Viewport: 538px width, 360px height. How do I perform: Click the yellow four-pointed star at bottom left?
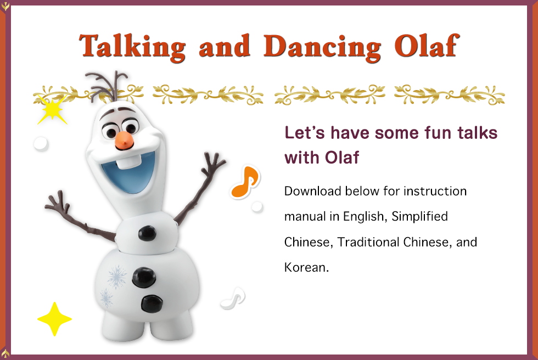point(54,319)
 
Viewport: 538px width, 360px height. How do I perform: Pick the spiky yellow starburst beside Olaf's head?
point(52,111)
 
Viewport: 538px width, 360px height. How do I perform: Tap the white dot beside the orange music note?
point(256,206)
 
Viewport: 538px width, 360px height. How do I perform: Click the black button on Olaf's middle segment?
point(147,234)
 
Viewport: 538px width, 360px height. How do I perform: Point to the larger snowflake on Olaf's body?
point(116,277)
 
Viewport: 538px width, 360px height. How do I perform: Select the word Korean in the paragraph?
point(304,267)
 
